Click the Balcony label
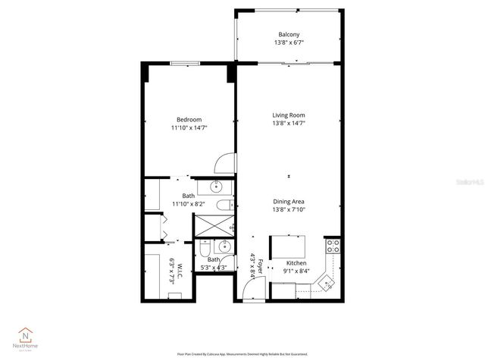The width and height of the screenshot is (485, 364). [289, 35]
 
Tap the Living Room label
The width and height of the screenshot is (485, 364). [289, 115]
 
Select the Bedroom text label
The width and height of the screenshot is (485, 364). [189, 120]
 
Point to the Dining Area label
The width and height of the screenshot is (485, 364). [289, 201]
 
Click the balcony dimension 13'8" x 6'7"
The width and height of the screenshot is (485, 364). [289, 44]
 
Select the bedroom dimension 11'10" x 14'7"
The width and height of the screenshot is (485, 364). [189, 128]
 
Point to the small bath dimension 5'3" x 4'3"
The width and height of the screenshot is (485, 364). [214, 266]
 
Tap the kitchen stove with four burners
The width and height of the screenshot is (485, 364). [333, 246]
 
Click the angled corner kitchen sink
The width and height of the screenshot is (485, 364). [327, 283]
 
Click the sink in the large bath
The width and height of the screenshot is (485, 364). [215, 186]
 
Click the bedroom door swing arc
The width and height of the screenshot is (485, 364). [225, 162]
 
